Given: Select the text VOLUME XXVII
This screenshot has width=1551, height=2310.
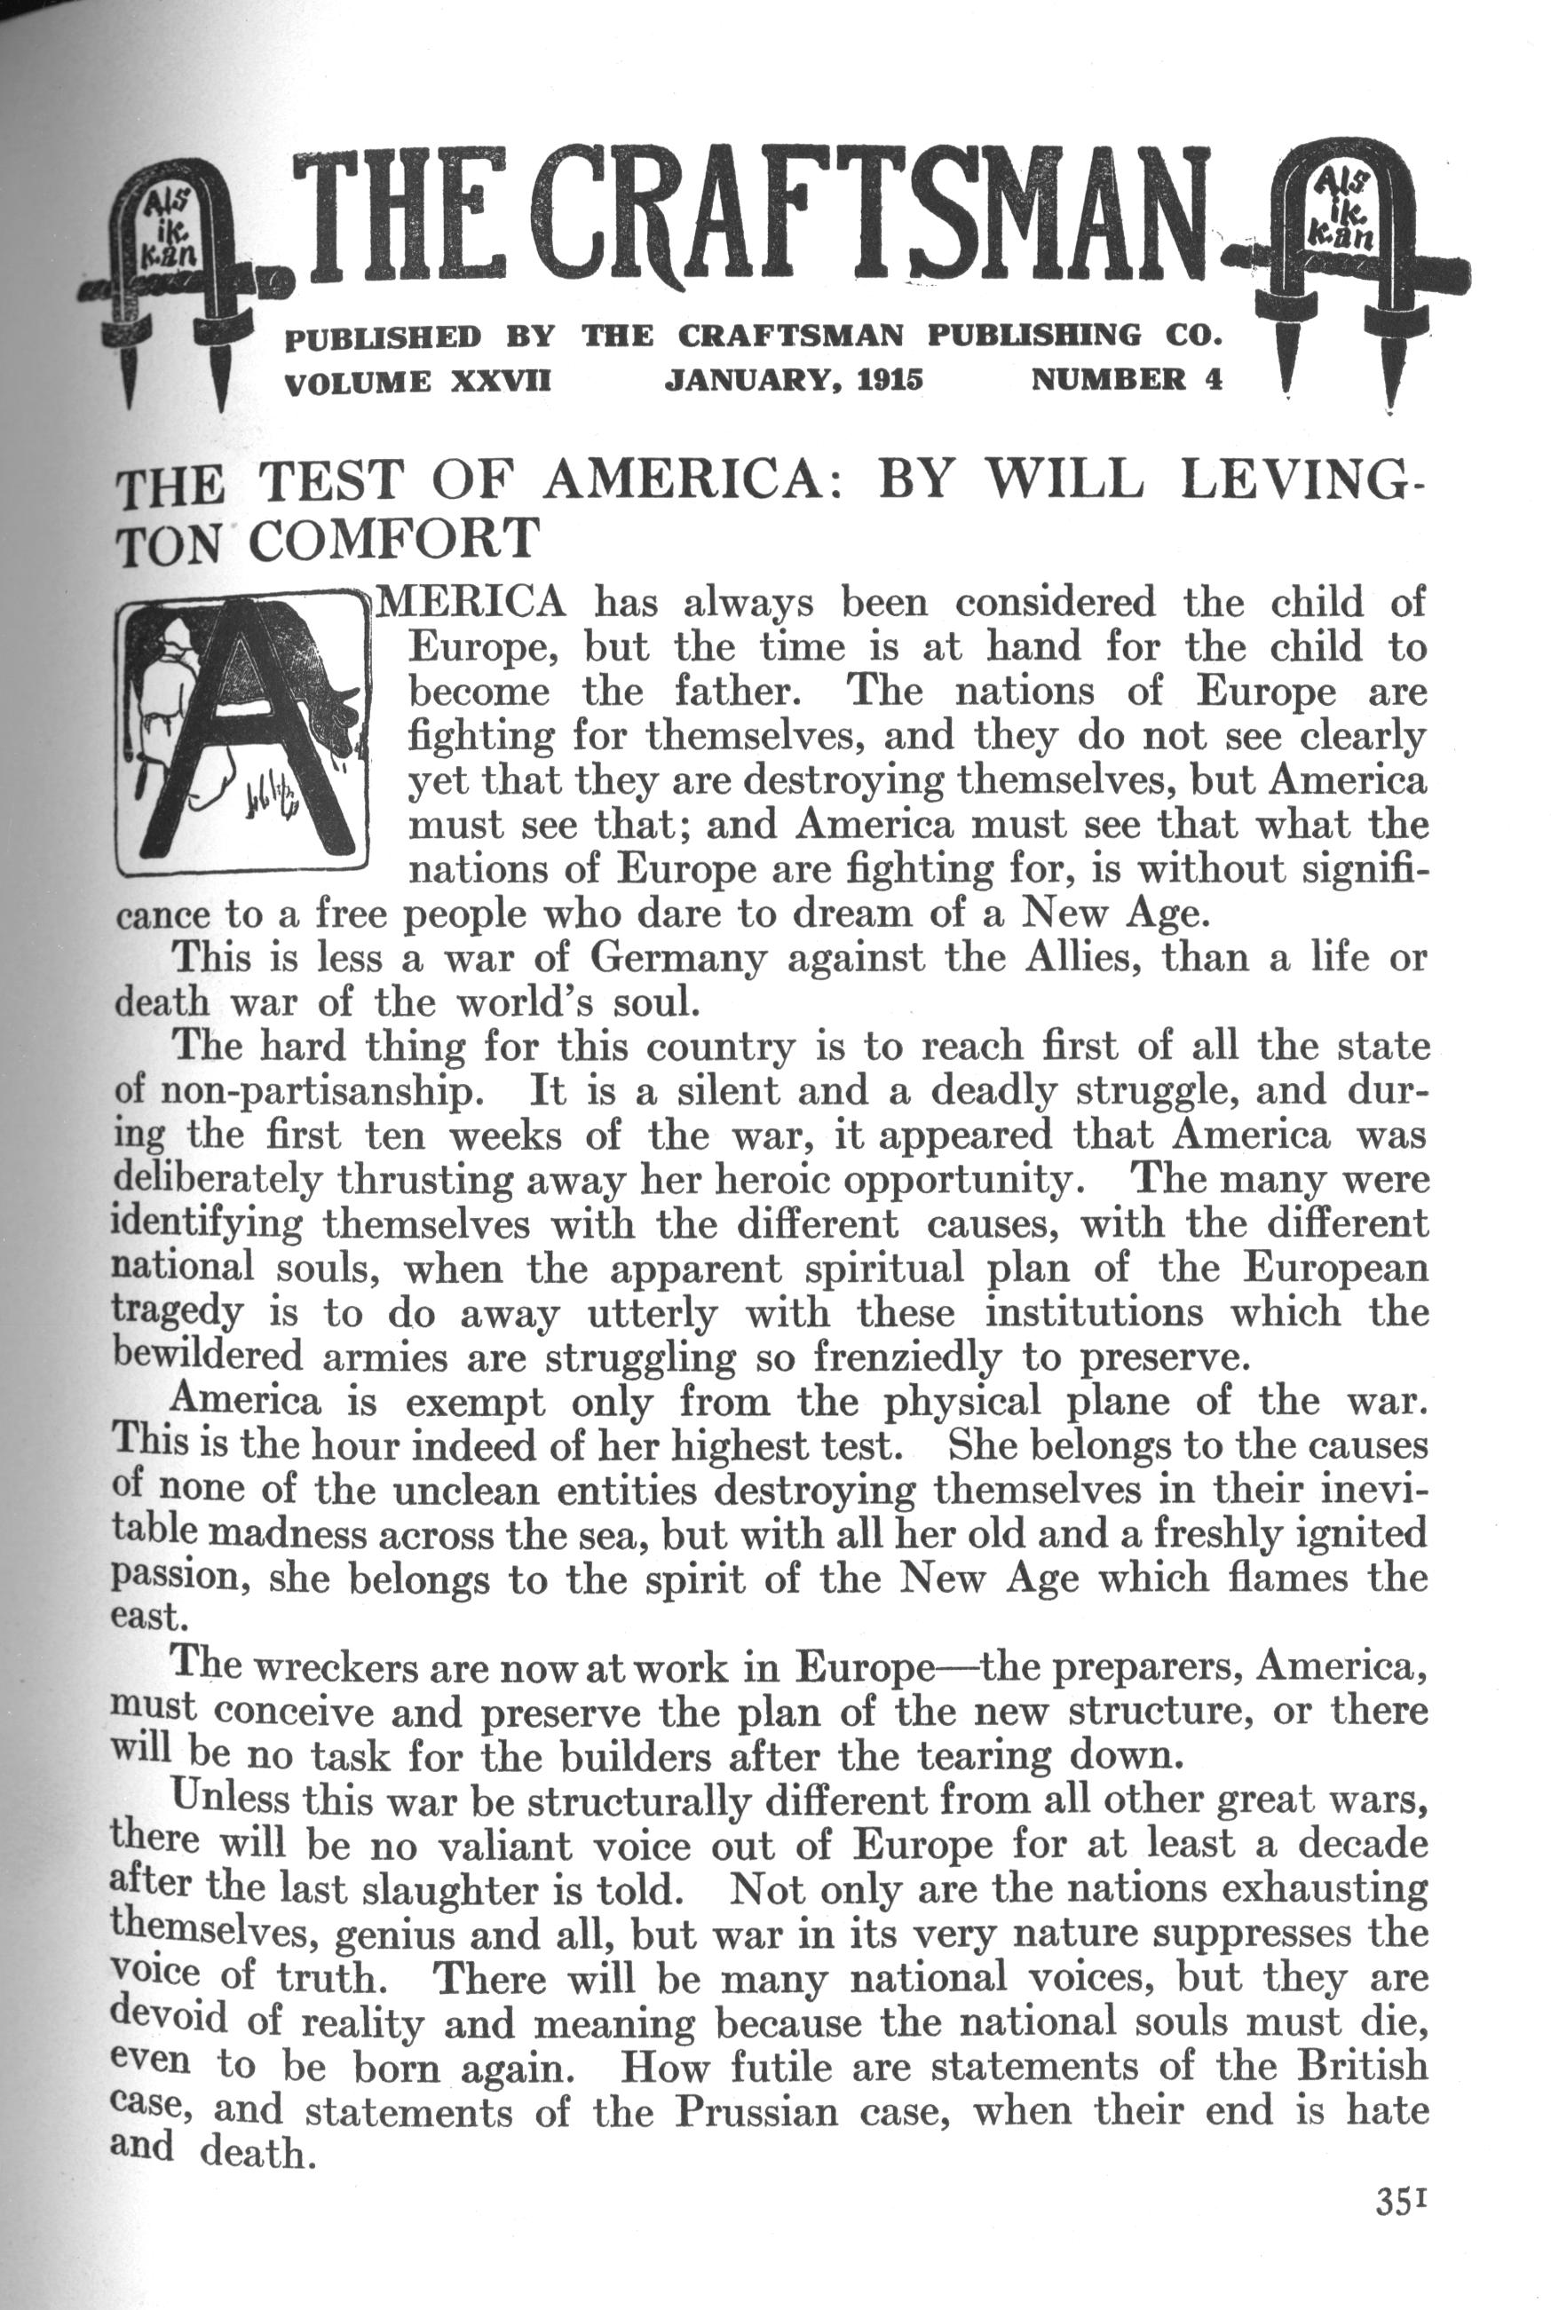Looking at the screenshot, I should [x=416, y=381].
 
